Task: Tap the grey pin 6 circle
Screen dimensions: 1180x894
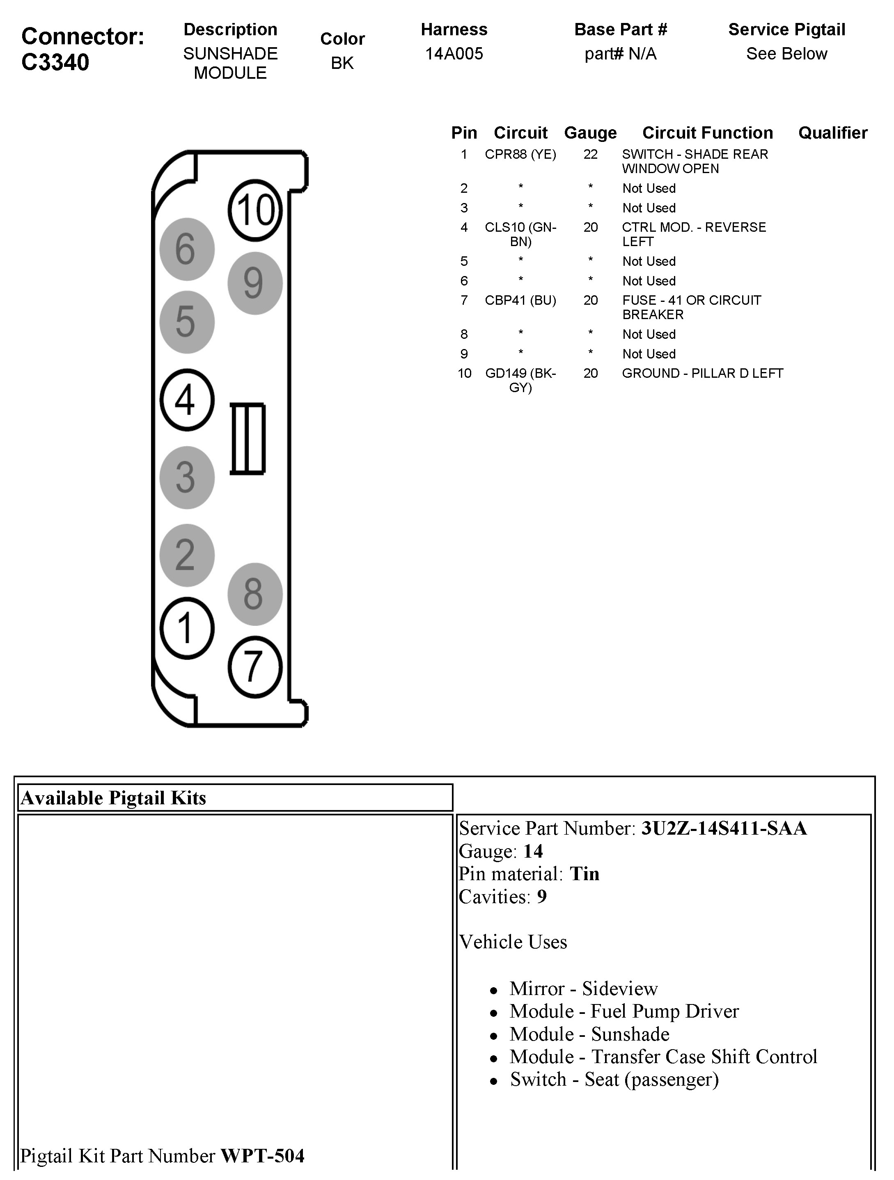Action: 187,249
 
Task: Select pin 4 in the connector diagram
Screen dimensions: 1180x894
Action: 187,399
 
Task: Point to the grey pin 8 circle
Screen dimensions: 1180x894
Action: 254,594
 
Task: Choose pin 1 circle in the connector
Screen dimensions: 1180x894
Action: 187,628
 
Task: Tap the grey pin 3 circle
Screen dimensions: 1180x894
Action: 187,477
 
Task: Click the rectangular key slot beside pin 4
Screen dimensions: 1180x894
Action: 248,438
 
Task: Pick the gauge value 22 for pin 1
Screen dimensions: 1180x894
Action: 590,154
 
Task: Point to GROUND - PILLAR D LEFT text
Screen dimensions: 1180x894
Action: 702,373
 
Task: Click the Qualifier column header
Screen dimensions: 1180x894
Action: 832,132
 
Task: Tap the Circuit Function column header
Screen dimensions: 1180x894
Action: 707,132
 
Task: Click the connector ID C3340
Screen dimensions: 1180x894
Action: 55,62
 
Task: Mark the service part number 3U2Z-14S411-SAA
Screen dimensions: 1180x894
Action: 723,829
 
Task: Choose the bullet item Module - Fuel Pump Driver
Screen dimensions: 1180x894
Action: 624,1011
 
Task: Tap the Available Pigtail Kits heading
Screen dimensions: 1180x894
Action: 113,798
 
